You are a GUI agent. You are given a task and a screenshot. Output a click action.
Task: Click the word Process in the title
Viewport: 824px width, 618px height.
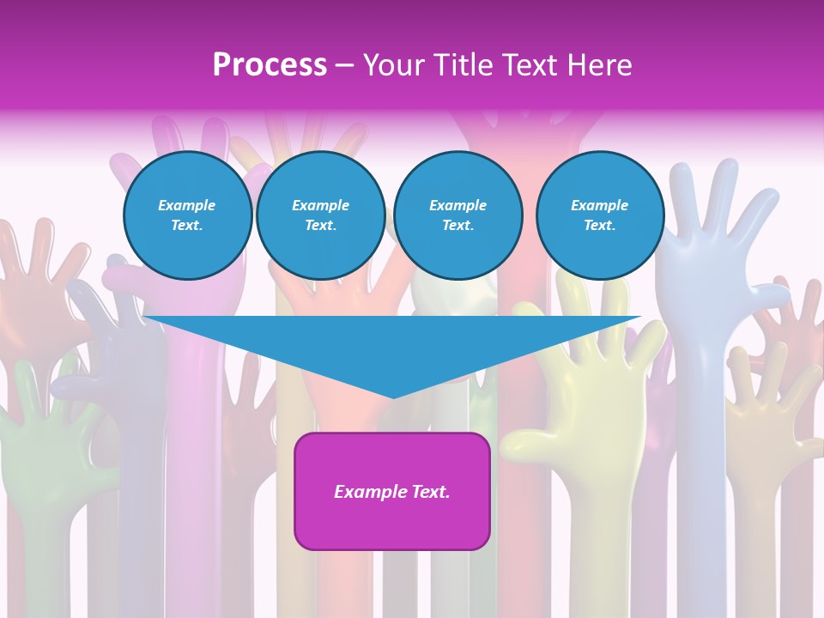point(270,65)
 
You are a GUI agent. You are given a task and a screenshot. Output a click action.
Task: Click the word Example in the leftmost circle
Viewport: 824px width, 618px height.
point(187,205)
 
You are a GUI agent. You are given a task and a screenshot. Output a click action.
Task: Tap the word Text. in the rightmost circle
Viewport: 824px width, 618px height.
point(599,225)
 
